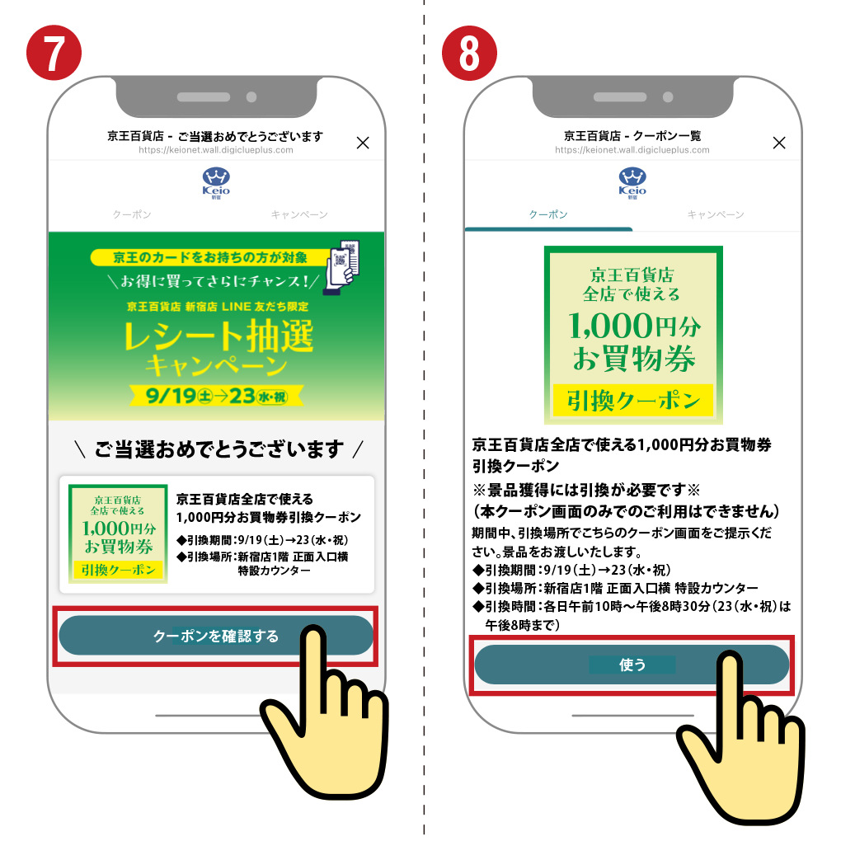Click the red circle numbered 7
click(54, 53)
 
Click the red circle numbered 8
click(469, 53)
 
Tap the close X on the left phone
click(363, 143)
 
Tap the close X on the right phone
click(779, 143)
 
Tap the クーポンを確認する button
click(216, 636)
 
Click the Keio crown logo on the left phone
click(216, 183)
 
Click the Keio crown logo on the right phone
click(632, 183)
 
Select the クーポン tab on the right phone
click(548, 214)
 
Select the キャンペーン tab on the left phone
click(299, 214)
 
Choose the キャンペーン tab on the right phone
click(716, 214)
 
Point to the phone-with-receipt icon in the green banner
click(341, 267)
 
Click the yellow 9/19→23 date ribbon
click(217, 396)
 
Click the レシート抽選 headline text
click(218, 336)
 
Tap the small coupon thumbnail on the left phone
click(118, 533)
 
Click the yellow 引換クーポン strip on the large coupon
click(633, 400)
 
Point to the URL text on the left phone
click(216, 150)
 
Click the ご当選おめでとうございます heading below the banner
click(218, 449)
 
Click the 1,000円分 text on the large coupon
click(634, 326)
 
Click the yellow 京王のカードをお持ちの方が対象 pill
click(210, 257)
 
